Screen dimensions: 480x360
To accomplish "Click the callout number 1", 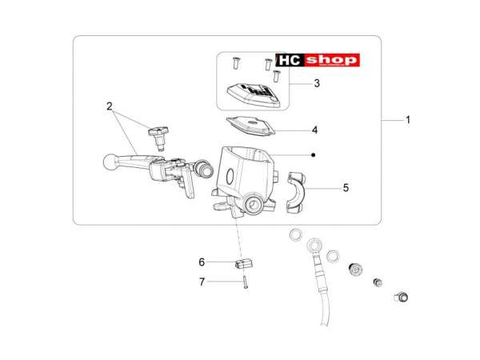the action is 407,120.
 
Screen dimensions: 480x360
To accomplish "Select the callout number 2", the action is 110,106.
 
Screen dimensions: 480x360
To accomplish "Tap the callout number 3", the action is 317,83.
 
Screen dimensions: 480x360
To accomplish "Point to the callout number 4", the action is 314,130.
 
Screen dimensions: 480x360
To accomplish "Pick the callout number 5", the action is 346,188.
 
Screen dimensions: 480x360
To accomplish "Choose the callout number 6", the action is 202,262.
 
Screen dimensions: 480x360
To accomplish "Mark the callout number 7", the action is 202,282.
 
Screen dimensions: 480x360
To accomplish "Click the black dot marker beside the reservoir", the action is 313,155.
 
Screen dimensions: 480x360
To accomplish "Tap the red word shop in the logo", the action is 332,60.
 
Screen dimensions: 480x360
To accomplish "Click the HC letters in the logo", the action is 290,60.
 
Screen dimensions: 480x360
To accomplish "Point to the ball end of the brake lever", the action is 110,162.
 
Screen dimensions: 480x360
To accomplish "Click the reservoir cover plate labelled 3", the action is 254,94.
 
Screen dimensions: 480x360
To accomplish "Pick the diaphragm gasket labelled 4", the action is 250,126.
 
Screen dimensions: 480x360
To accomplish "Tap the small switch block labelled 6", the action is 244,263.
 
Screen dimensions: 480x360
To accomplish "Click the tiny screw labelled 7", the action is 246,282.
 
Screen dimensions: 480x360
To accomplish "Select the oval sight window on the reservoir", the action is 230,177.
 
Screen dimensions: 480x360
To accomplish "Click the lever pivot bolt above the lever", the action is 158,138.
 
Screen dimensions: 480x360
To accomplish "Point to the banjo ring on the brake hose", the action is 314,246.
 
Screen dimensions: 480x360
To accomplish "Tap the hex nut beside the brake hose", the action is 333,256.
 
